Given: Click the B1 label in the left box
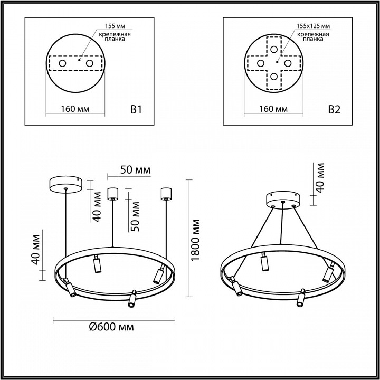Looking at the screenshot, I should tap(136, 109).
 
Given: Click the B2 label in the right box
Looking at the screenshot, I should tap(335, 109).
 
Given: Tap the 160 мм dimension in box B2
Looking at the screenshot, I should tap(274, 109).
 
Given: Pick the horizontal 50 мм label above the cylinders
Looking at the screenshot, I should tap(135, 170).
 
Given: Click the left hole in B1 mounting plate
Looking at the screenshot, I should tap(63, 63).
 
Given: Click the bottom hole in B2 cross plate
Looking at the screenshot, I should tap(274, 76).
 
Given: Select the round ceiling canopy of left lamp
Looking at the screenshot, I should tap(65, 184).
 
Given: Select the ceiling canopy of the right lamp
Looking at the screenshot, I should tap(283, 199).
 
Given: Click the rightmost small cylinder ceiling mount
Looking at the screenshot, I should tap(166, 193).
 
